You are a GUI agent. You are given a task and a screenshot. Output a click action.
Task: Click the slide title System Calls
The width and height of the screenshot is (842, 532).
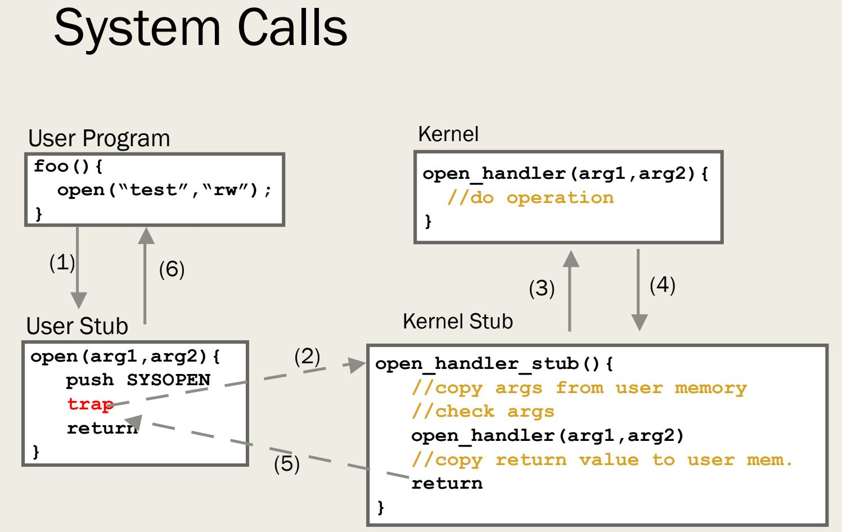200,28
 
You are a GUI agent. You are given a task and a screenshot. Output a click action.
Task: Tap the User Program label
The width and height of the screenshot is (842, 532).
99,138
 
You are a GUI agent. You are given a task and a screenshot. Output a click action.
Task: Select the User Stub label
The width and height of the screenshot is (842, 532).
77,326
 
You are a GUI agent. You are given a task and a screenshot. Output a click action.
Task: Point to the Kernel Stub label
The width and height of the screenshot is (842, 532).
457,321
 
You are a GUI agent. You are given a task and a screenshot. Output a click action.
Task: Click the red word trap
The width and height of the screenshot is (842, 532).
90,404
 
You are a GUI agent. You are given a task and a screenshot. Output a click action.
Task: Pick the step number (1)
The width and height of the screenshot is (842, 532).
62,262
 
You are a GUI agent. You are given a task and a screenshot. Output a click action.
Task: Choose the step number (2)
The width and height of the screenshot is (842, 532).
307,356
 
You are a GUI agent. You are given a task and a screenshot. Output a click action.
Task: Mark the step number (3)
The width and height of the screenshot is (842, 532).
542,288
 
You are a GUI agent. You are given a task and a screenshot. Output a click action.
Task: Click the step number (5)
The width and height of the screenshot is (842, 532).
287,463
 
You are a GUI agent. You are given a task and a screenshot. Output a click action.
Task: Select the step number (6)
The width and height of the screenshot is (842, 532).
172,269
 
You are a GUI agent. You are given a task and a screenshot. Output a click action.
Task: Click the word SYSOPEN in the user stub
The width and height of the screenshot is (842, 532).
168,380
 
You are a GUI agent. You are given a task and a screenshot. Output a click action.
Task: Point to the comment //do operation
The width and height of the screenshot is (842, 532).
530,197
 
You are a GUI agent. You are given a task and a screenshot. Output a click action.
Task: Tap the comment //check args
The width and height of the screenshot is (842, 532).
483,412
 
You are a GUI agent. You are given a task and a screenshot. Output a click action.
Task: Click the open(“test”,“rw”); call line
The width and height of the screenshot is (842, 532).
164,190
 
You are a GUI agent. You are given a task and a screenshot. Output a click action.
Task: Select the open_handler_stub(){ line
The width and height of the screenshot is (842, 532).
494,364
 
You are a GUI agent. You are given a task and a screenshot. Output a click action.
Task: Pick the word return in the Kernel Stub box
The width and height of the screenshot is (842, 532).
447,484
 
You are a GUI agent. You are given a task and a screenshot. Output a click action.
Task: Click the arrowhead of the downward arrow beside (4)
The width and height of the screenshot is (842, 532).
639,322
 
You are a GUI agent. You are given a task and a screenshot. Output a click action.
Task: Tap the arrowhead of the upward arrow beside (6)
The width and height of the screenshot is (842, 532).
146,236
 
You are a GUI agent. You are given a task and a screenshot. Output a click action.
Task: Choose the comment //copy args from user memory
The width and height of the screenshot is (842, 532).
579,387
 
